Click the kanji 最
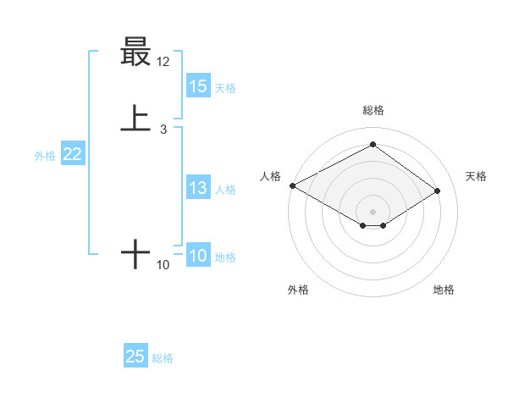(x=135, y=52)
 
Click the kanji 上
(x=135, y=119)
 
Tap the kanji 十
(x=135, y=253)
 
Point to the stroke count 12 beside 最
(x=163, y=62)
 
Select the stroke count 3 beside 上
(x=163, y=130)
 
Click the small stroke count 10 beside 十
(x=163, y=265)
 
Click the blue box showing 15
(x=198, y=86)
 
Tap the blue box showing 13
(x=198, y=189)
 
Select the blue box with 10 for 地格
(x=198, y=257)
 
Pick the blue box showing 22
(x=72, y=154)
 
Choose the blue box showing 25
(x=135, y=357)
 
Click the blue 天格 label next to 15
(x=225, y=87)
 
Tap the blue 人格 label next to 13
(x=225, y=190)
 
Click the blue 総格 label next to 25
(x=163, y=358)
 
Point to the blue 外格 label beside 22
(x=45, y=156)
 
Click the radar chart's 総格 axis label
(x=373, y=110)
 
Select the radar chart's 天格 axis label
(x=476, y=176)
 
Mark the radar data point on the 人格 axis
(x=292, y=185)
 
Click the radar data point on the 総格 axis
(x=373, y=145)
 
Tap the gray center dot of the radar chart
(x=373, y=211)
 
